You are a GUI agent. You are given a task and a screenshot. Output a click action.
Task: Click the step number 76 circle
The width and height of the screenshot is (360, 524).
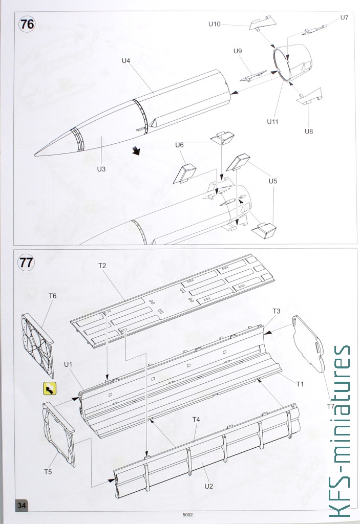(27, 25)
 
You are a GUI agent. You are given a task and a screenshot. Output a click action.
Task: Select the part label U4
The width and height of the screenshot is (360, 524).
(126, 60)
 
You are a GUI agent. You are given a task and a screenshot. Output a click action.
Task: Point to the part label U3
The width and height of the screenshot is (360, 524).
(101, 169)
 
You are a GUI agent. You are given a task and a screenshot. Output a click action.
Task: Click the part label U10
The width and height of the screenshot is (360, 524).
(215, 24)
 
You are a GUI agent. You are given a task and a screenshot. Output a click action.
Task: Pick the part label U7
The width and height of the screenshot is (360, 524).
(344, 17)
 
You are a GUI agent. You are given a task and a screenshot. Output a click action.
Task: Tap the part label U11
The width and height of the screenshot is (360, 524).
(272, 122)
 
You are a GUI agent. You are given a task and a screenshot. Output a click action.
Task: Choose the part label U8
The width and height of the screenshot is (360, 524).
(309, 132)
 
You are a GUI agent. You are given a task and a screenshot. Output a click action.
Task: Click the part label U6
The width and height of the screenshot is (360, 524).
(179, 145)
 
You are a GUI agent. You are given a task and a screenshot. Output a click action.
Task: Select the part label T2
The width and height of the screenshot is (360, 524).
(102, 266)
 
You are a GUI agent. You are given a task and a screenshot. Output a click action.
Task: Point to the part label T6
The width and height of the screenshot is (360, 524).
(53, 296)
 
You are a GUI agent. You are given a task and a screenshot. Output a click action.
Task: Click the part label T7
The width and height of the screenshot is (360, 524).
(331, 406)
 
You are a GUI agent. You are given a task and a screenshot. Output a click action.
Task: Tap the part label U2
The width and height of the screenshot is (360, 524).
(209, 486)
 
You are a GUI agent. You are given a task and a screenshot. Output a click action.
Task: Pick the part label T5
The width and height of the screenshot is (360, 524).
(48, 471)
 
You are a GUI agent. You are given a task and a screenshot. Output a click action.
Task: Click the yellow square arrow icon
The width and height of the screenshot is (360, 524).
(50, 389)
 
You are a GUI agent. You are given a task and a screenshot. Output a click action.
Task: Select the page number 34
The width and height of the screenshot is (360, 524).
(22, 505)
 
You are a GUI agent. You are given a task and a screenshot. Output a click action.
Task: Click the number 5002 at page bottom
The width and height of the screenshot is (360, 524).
(188, 515)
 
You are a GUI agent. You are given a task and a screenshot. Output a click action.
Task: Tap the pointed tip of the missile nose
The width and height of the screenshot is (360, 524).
(35, 155)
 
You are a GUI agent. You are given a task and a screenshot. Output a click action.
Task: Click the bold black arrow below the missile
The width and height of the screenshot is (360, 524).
(136, 151)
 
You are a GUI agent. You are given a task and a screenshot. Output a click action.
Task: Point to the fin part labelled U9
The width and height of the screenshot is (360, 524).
(253, 76)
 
